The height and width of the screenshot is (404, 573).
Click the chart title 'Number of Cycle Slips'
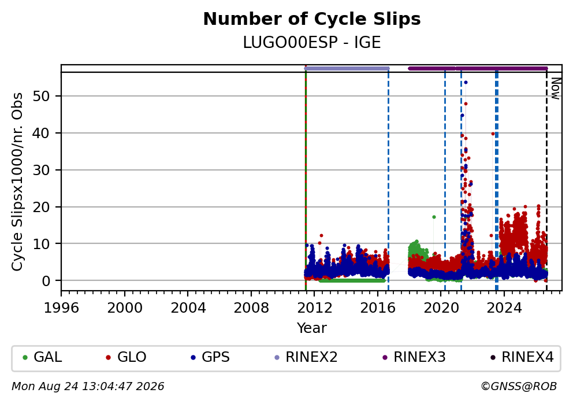[312, 19]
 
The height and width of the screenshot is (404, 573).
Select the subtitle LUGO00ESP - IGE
[312, 42]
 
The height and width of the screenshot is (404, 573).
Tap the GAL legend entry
[42, 357]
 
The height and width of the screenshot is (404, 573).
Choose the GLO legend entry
[126, 357]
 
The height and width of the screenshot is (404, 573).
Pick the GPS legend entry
[210, 357]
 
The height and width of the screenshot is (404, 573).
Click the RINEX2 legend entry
[306, 357]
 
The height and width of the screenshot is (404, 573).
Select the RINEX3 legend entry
[414, 357]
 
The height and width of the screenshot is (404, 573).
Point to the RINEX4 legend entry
[522, 357]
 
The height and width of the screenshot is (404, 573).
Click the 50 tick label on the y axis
[42, 96]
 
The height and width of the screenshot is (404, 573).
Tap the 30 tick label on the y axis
[42, 170]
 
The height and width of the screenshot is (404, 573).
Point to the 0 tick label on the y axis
[46, 281]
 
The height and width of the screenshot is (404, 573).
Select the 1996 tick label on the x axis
[61, 308]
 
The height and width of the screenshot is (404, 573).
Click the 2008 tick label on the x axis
[251, 308]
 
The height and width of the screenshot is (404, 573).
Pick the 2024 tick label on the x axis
[504, 308]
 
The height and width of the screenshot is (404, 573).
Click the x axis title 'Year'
[312, 328]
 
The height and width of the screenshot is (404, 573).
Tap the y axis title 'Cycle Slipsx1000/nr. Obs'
[17, 181]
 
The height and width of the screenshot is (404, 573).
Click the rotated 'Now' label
[556, 88]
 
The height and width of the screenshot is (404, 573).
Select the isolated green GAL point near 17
[434, 217]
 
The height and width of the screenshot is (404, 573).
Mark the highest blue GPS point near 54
[466, 83]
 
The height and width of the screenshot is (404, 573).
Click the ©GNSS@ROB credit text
[519, 387]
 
